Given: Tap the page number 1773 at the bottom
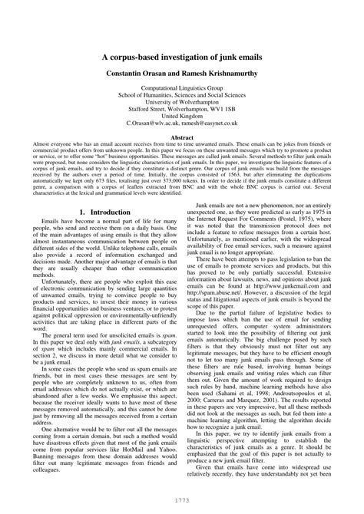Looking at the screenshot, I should coord(181,501).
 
